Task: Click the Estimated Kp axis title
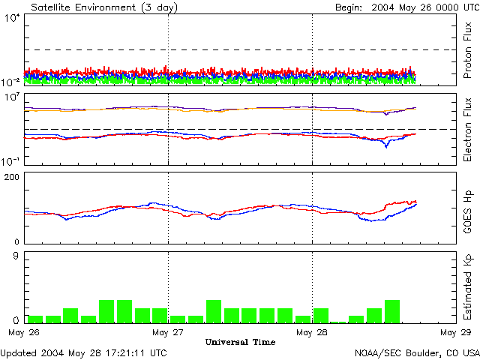pyautogui.click(x=468, y=287)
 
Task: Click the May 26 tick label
pyautogui.click(x=25, y=331)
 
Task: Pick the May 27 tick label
pyautogui.click(x=168, y=331)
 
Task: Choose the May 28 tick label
pyautogui.click(x=312, y=331)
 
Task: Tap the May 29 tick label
pyautogui.click(x=455, y=331)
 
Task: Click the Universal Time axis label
pyautogui.click(x=240, y=342)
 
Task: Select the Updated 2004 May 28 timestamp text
pyautogui.click(x=84, y=352)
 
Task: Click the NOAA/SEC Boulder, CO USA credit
pyautogui.click(x=417, y=352)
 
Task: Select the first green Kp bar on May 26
pyautogui.click(x=34, y=319)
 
